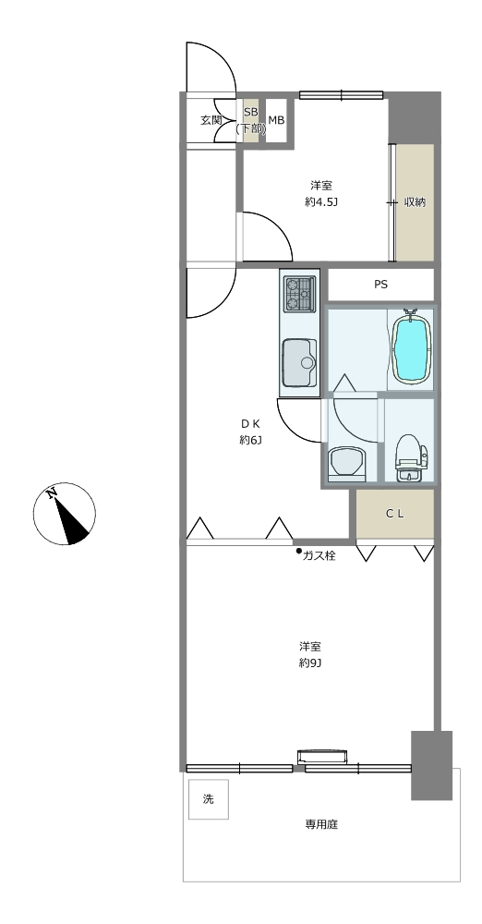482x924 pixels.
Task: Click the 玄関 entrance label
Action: click(x=211, y=120)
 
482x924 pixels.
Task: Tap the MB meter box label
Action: click(x=276, y=120)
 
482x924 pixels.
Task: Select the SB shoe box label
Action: click(x=251, y=112)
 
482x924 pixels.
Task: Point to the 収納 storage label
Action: click(x=415, y=202)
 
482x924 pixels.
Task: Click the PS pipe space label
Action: click(x=380, y=285)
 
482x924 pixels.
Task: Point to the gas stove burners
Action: click(x=299, y=294)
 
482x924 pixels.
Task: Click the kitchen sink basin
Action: click(x=299, y=362)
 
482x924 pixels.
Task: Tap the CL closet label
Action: click(x=395, y=513)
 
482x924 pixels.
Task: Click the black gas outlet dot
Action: click(x=299, y=552)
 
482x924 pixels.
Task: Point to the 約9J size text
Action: click(x=309, y=663)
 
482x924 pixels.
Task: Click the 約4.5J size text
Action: click(x=321, y=202)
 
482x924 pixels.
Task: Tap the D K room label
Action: click(x=250, y=423)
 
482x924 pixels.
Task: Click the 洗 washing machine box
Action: click(x=209, y=799)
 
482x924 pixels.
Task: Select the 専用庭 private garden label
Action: click(x=321, y=824)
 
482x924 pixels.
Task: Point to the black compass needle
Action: click(x=71, y=520)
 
